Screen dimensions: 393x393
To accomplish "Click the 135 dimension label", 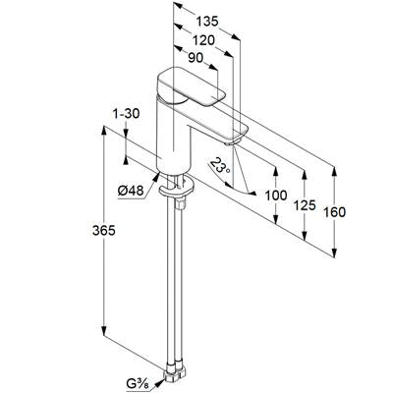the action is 207,22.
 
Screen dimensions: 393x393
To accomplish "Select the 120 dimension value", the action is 202,40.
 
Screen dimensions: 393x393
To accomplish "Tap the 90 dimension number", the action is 196,58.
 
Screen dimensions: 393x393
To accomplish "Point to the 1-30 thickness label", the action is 126,114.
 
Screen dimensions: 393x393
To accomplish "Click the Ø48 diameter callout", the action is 131,191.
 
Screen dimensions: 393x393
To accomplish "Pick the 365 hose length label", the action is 104,231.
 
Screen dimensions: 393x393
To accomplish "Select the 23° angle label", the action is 220,165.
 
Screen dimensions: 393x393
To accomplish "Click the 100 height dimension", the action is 276,196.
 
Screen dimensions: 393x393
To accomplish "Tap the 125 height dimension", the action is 305,205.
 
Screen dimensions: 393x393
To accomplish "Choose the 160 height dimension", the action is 334,212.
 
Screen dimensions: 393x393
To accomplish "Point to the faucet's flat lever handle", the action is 193,87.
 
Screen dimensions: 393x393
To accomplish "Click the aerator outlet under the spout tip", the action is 232,142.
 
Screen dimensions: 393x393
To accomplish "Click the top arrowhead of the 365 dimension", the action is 104,131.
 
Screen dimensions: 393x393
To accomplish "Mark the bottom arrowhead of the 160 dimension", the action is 334,253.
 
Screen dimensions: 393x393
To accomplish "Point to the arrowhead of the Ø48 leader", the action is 157,176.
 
